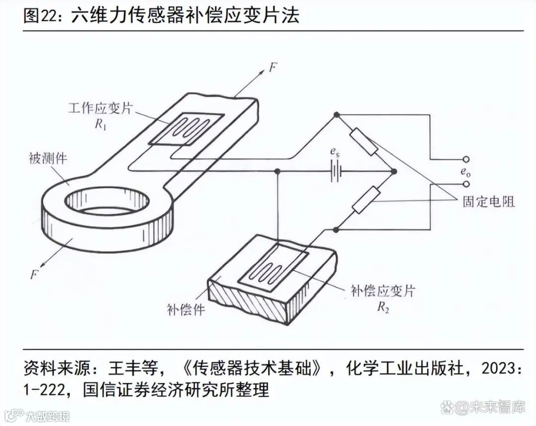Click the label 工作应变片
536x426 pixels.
click(x=101, y=108)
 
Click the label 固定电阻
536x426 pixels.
click(x=488, y=201)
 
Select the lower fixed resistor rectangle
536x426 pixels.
click(x=366, y=201)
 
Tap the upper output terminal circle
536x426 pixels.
click(x=466, y=159)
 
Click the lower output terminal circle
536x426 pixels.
click(x=466, y=184)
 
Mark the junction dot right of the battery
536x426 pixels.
click(x=395, y=172)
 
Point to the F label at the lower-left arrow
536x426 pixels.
click(x=34, y=274)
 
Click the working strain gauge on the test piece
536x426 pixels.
click(x=186, y=129)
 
